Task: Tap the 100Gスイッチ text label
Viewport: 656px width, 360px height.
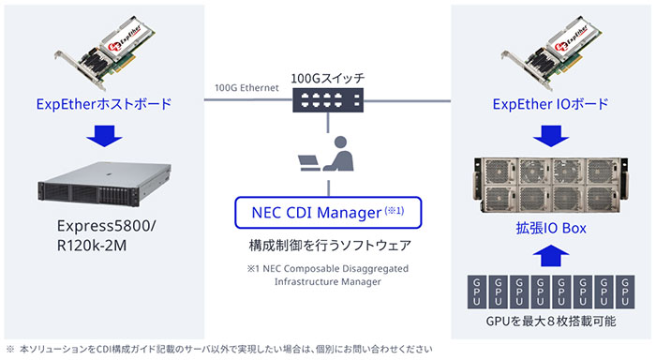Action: pos(327,76)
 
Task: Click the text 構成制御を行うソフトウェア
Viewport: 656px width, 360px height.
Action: pos(327,246)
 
